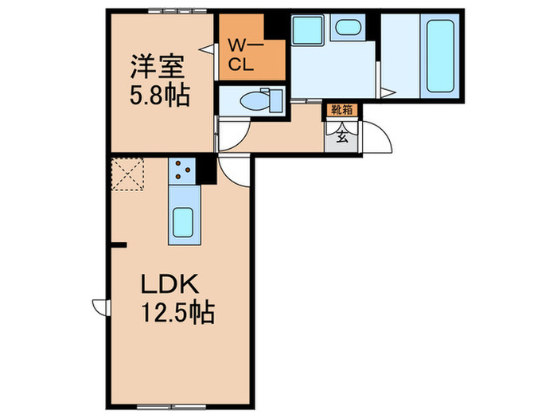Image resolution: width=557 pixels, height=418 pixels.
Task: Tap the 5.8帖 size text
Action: (159, 96)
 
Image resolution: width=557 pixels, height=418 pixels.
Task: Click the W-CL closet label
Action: (241, 55)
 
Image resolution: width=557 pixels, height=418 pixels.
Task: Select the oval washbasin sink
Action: (347, 28)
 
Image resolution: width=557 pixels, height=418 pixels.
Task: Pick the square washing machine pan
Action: (306, 30)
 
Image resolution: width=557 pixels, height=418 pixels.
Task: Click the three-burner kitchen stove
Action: (182, 170)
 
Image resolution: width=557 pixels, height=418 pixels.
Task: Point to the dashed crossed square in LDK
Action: (127, 175)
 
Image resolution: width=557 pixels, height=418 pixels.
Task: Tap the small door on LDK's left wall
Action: (100, 307)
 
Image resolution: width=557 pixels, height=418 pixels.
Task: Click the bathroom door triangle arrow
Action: (385, 94)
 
